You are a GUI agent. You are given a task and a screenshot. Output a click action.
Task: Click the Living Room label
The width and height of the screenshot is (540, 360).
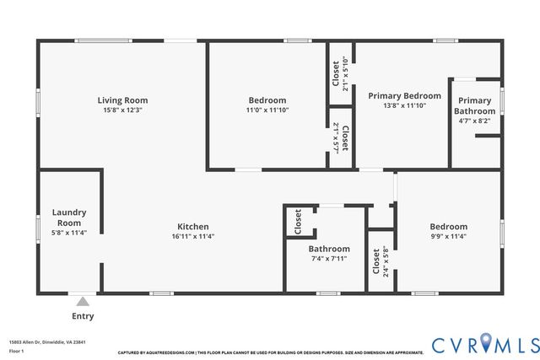[x=122, y=100]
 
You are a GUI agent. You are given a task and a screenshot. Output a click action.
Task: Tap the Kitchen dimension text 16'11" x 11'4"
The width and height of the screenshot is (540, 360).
[x=192, y=237]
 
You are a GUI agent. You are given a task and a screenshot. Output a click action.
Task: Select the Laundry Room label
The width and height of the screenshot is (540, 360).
[x=69, y=218]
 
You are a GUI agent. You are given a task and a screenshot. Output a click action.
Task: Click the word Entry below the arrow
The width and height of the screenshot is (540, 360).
[x=83, y=316]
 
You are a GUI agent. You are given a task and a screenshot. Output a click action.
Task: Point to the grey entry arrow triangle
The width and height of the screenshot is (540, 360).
[x=83, y=301]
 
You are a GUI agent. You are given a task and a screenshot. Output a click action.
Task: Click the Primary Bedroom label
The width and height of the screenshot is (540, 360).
[x=404, y=96]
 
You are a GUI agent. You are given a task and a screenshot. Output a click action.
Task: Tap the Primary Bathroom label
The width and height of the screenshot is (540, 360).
[x=474, y=105]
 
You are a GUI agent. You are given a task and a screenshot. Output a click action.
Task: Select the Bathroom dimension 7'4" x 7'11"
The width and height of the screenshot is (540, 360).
[x=328, y=260]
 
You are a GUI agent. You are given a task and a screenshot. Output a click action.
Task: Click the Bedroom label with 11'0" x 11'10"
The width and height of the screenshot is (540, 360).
[x=267, y=100]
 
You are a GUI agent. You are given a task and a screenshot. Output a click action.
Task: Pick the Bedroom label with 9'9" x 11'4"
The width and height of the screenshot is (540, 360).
[x=448, y=226]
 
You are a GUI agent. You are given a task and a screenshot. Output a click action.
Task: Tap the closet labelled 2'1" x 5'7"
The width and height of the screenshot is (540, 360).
[x=340, y=137]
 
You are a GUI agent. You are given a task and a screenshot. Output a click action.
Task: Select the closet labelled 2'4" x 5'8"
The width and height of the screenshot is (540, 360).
[x=381, y=261]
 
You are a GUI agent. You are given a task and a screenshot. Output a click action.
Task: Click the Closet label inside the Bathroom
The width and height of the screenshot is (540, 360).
[x=298, y=222]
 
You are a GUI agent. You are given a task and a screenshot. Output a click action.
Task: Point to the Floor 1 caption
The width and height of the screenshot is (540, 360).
[x=17, y=351]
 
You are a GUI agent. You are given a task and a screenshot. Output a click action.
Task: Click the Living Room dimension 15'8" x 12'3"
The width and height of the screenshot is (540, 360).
[x=122, y=110]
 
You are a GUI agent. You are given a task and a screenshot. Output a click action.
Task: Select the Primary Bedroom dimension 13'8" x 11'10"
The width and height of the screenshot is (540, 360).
[x=404, y=106]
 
